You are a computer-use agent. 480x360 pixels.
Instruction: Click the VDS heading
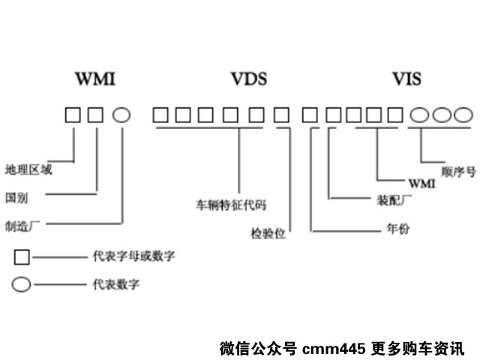tap(248, 79)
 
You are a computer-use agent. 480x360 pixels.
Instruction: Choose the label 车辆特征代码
tap(232, 203)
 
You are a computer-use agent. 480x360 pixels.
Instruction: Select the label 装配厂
tap(391, 200)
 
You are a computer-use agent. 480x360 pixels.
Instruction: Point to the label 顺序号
tap(459, 171)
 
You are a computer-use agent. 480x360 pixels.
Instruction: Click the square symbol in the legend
tap(22, 257)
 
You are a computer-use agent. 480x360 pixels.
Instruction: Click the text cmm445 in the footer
tap(334, 349)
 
